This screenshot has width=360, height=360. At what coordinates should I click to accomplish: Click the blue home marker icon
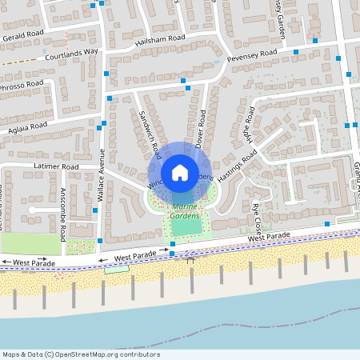point(179,172)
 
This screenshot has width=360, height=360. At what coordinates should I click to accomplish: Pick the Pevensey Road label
point(251,54)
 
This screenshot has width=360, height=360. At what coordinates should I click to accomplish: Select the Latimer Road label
point(55,166)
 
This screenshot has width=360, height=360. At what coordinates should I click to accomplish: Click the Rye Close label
point(257,215)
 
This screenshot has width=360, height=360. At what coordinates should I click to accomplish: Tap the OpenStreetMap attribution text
point(81,354)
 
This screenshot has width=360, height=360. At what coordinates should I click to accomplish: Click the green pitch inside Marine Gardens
point(186,228)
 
